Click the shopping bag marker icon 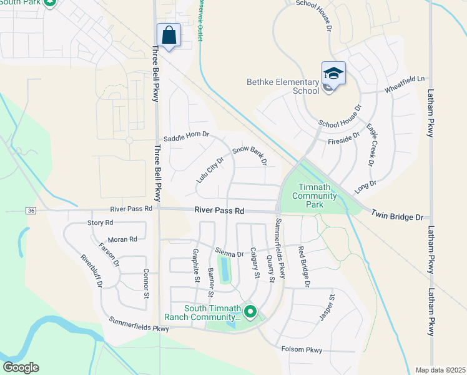pos(169,35)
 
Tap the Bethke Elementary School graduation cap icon pos(333,74)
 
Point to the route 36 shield pos(31,211)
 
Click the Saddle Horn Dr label pos(185,136)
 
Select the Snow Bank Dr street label pos(249,155)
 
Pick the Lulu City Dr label pos(209,169)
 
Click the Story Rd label pos(100,222)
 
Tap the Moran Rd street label pos(122,239)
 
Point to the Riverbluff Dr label pos(91,271)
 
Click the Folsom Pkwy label pos(302,350)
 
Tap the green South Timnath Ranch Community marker pos(250,311)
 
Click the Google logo pos(21,367)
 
